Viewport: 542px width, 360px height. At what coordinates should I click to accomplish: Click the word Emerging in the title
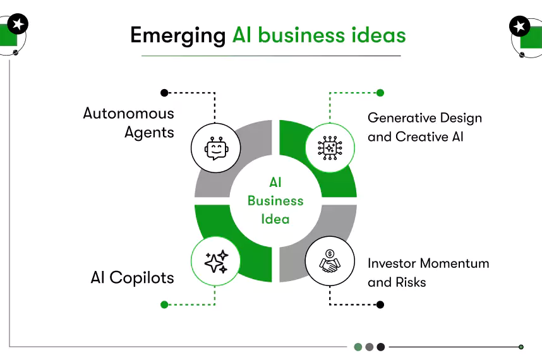coord(178,35)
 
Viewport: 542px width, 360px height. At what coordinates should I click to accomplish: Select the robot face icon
coord(215,148)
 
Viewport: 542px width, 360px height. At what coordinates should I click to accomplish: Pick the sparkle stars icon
coord(215,261)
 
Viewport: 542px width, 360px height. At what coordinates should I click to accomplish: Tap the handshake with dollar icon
coord(330,261)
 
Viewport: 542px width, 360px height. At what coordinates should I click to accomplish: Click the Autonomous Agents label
coord(129,123)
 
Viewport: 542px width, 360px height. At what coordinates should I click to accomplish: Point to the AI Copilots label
coord(132,278)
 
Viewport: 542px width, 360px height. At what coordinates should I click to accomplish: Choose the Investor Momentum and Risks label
coord(428,272)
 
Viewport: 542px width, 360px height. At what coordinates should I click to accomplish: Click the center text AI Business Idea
coord(275,201)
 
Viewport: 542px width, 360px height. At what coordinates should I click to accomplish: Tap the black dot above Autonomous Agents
coord(164,93)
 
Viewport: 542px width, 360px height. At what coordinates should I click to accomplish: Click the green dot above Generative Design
coord(380,93)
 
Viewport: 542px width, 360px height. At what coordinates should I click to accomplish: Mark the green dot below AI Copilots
coord(164,304)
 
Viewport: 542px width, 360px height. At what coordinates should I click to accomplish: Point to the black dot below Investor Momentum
coord(380,304)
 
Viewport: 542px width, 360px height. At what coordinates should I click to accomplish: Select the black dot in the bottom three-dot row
coord(381,347)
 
